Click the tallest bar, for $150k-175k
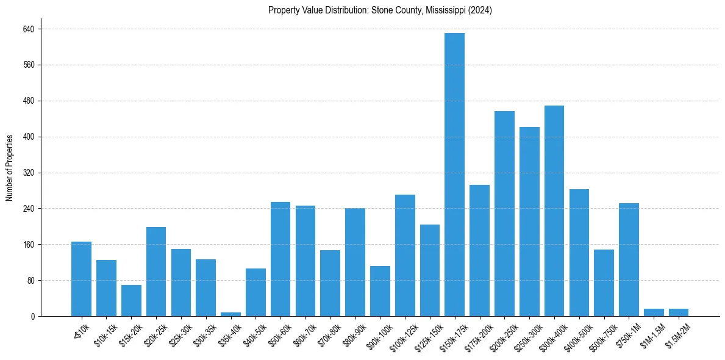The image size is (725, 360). [454, 175]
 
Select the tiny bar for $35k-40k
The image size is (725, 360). [230, 314]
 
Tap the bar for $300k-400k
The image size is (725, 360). [554, 211]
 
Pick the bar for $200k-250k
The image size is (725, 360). [504, 214]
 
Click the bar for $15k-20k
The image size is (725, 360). [131, 301]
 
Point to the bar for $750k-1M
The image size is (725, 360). [629, 260]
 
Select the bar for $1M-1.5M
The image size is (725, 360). [654, 312]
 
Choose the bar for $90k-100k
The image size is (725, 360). [380, 291]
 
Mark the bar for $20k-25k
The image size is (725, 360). [156, 272]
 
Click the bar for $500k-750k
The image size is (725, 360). [604, 283]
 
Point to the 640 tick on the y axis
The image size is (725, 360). [29, 29]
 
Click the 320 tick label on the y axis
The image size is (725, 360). [29, 173]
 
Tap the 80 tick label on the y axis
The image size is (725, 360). [30, 281]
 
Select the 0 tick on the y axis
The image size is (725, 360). [33, 317]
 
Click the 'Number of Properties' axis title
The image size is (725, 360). [10, 167]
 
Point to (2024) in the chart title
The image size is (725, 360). [480, 10]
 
